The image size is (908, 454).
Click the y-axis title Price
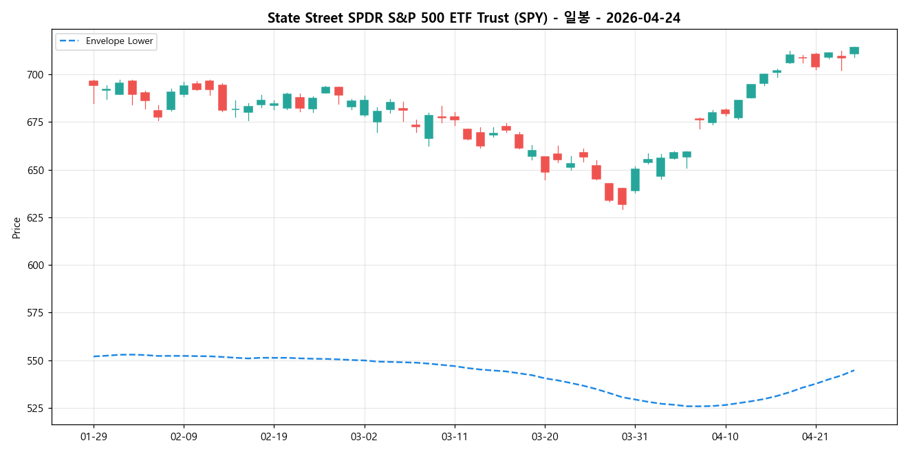pos(17,228)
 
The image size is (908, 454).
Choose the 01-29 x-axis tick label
pos(94,436)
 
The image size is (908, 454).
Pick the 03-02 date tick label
pos(364,436)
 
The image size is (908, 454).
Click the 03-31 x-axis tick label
pos(634,436)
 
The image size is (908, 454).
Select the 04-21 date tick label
pos(815,436)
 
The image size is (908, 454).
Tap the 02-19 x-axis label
pos(274,436)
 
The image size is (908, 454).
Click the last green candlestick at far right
pos(854,50)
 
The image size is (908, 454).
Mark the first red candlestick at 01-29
pos(94,83)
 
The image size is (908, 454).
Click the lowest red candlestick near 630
pos(622,196)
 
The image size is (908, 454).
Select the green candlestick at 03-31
pos(635,180)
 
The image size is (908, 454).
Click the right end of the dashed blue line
pos(854,370)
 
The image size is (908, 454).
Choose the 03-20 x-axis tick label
pos(544,436)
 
